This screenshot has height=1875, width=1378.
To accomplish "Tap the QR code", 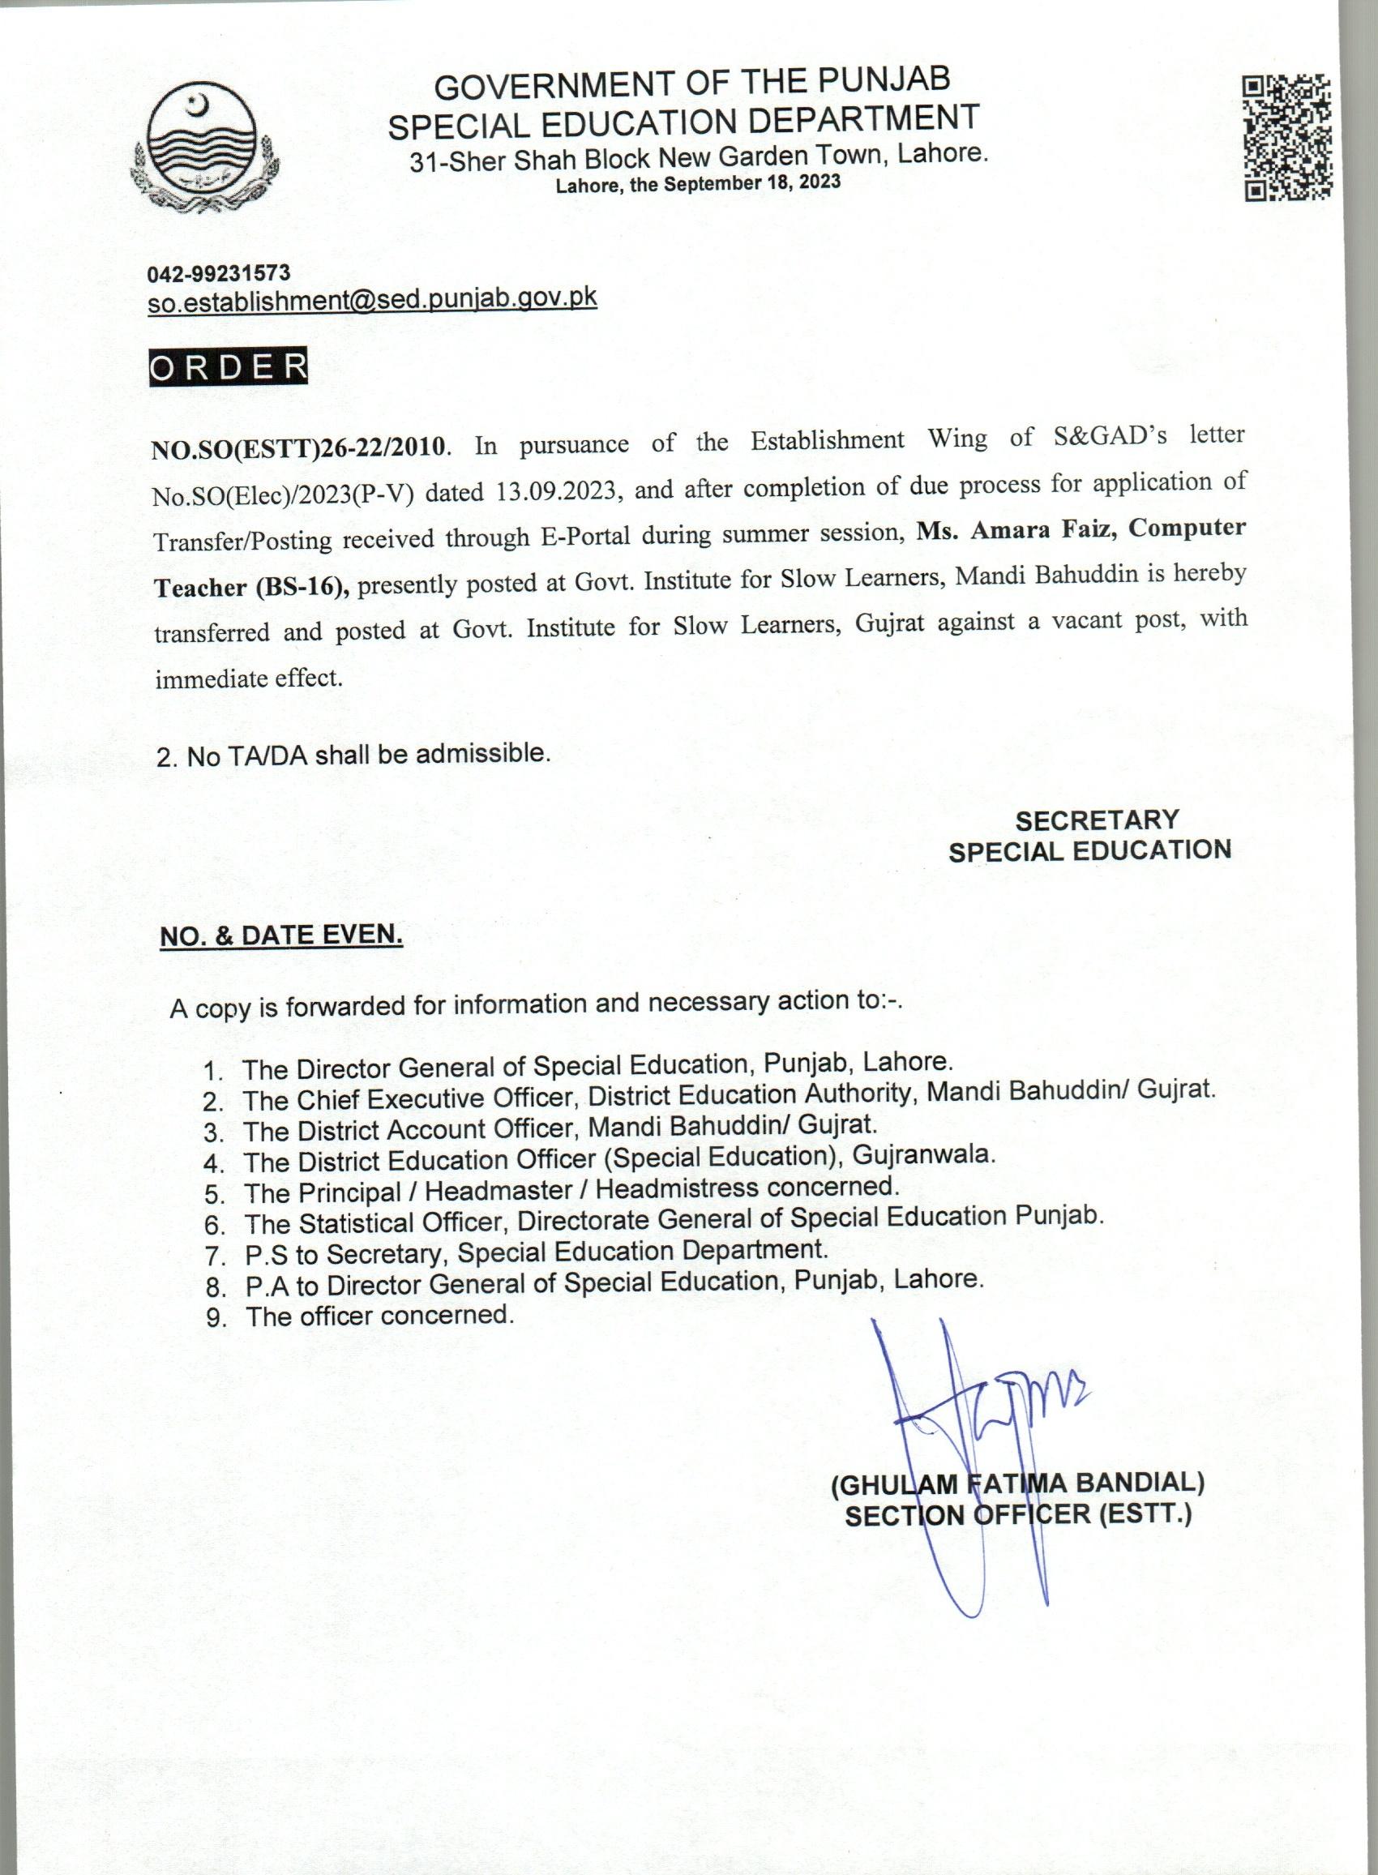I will [1287, 139].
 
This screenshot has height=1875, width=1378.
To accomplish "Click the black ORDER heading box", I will [228, 368].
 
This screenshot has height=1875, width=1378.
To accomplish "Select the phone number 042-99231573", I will [219, 272].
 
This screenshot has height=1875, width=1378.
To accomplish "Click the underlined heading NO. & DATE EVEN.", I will [281, 935].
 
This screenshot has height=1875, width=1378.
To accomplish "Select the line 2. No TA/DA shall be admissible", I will [353, 755].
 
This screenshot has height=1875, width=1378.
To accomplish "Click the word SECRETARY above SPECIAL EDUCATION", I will [1097, 820].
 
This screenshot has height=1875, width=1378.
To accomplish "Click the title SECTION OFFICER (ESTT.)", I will [1017, 1515].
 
